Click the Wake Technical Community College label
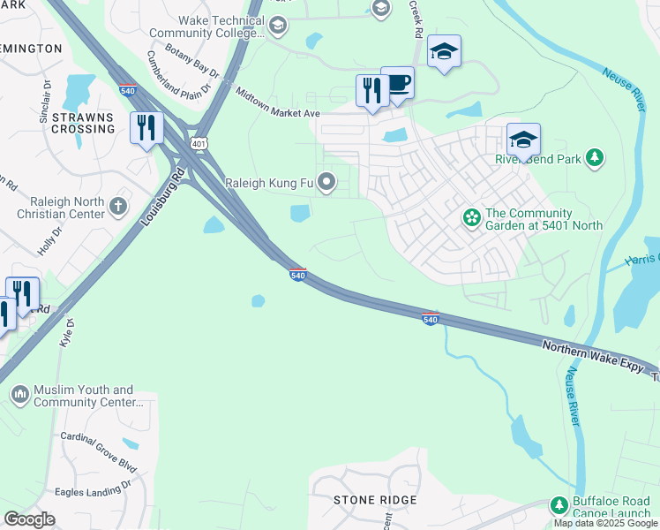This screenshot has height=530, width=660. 221,26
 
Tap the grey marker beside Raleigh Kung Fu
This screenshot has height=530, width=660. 327,183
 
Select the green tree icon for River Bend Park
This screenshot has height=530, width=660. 596,158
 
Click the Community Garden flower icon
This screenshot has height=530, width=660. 471,216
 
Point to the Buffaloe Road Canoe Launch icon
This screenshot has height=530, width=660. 559,504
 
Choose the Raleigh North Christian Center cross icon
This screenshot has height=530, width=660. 118,206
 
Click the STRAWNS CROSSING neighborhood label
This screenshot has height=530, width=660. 84,123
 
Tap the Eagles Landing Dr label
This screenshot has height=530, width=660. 94,485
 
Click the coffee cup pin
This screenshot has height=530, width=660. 397,84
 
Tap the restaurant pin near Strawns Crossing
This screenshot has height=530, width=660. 146,127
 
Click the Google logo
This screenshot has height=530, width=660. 29,519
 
